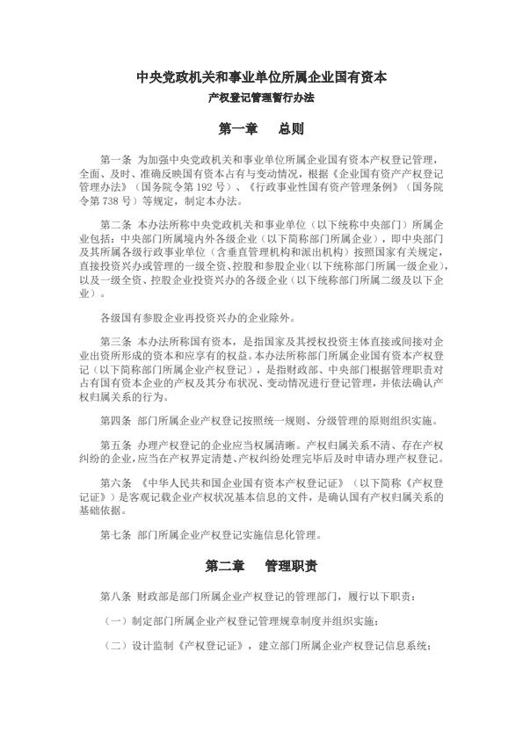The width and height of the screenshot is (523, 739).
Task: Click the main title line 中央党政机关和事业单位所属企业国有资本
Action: point(261,77)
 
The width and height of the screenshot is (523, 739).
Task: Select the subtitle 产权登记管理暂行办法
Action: point(261,98)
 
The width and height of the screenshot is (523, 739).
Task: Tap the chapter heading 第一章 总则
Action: point(261,129)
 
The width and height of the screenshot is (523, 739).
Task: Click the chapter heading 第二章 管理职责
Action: point(261,566)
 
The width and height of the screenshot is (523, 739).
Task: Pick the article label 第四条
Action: point(116,419)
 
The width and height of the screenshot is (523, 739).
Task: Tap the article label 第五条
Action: point(116,445)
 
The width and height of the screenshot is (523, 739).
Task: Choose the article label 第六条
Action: point(116,484)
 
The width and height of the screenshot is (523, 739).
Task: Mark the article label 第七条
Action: point(116,534)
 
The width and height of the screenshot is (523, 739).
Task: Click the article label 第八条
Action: point(116,598)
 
